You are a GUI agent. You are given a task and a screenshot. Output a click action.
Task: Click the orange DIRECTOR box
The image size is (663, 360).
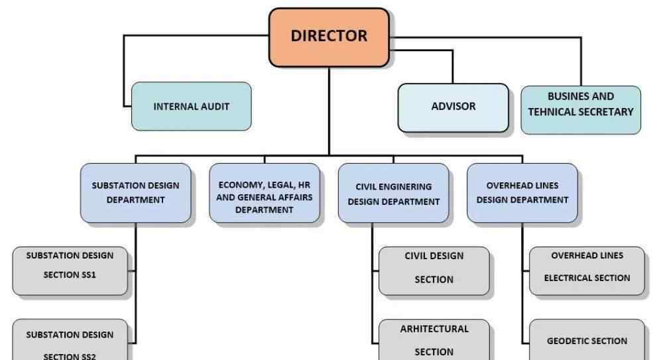329,37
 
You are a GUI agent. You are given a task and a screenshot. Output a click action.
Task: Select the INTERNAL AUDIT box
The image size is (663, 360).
192,106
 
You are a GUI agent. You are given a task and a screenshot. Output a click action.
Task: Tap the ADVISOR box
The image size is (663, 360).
453,106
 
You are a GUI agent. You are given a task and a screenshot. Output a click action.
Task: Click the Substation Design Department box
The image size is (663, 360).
135,192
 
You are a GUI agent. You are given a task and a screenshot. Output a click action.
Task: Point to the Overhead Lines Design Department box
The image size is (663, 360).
522,192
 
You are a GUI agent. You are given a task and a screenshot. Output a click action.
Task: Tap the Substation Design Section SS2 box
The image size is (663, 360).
70,342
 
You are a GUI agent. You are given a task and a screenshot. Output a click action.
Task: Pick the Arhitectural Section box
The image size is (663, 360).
434,339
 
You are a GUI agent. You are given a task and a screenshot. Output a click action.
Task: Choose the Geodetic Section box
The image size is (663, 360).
587,341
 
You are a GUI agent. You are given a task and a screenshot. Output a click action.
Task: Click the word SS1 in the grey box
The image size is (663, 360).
89,274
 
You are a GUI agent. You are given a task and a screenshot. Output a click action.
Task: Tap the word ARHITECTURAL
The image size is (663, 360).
434,329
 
